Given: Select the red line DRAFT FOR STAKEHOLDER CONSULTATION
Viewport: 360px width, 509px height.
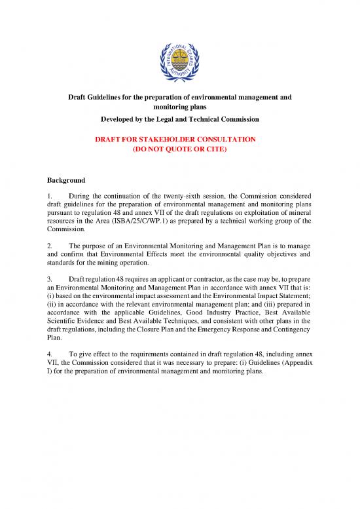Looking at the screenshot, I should [x=179, y=140].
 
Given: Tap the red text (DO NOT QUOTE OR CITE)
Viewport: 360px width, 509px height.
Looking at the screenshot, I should [x=179, y=149].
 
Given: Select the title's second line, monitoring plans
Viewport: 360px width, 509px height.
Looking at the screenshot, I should [x=179, y=107].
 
